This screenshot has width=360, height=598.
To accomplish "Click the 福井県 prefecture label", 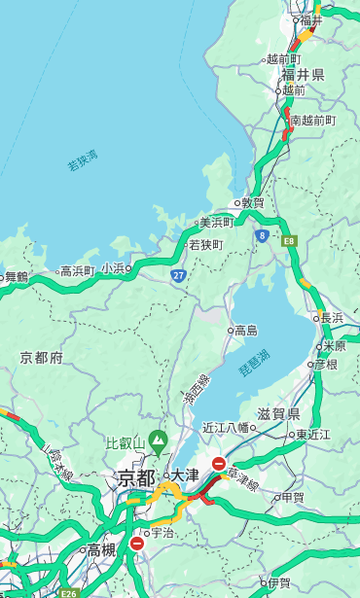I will pyautogui.click(x=303, y=75).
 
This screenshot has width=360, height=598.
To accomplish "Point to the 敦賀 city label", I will pyautogui.click(x=252, y=203).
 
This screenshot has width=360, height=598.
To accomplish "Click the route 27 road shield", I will pyautogui.click(x=179, y=276).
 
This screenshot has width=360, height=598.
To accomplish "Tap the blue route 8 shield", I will pyautogui.click(x=262, y=235).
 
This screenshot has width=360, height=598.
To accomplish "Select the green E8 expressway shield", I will pyautogui.click(x=289, y=239).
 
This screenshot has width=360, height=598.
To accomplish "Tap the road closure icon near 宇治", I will pyautogui.click(x=136, y=544).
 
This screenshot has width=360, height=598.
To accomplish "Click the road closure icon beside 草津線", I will pyautogui.click(x=219, y=465).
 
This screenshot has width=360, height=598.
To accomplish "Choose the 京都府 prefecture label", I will pyautogui.click(x=42, y=358).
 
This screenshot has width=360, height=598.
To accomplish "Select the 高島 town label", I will pyautogui.click(x=245, y=331).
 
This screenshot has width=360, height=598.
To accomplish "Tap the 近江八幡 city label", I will pyautogui.click(x=226, y=427).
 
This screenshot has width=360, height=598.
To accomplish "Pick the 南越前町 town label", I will pyautogui.click(x=313, y=121).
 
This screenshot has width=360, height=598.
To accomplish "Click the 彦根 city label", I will pyautogui.click(x=325, y=365).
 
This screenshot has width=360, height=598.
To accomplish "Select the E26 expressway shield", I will pyautogui.click(x=67, y=591).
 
